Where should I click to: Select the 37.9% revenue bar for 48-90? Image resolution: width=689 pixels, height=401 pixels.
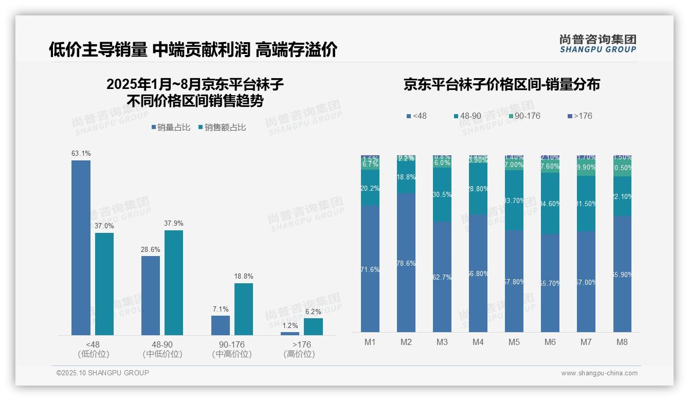tap(174, 283)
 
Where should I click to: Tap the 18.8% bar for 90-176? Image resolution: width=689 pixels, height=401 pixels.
tap(244, 309)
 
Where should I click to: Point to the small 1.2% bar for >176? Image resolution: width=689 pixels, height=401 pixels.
tap(290, 334)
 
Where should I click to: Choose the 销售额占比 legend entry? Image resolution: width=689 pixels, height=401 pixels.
tap(222, 127)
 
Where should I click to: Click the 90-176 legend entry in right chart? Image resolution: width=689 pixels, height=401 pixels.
tap(524, 116)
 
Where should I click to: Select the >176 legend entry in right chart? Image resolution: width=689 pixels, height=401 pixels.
tap(579, 116)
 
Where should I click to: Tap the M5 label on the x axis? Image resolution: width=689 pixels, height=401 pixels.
tap(514, 342)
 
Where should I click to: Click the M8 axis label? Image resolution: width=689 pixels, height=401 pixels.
tap(622, 342)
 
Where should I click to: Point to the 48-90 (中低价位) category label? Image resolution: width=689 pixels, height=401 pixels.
tap(162, 349)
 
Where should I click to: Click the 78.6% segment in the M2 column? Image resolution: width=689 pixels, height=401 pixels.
tap(406, 263)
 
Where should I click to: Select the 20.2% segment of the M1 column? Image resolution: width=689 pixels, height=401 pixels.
tap(370, 188)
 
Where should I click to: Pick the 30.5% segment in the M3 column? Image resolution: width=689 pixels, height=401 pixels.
tap(442, 194)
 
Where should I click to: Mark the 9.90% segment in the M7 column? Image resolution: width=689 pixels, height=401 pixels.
tap(586, 168)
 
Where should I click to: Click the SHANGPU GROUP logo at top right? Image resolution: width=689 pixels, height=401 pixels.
tap(597, 44)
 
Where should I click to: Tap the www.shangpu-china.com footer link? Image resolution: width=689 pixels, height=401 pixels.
tap(599, 373)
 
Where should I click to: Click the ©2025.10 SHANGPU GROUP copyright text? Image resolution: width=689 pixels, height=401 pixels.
tap(103, 373)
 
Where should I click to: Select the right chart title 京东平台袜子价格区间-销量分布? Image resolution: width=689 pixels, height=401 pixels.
tap(501, 85)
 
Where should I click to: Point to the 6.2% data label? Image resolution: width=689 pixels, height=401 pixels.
tap(313, 312)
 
